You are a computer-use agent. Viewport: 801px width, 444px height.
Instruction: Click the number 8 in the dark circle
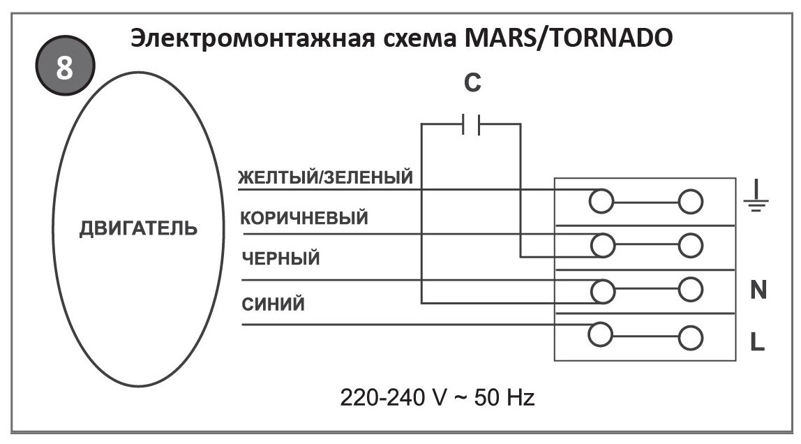(64, 70)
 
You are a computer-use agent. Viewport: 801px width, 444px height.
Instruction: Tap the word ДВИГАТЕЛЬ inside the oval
(137, 229)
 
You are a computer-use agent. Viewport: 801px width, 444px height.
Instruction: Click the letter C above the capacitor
(472, 84)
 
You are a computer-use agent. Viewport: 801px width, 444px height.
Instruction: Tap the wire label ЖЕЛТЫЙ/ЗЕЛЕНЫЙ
(326, 177)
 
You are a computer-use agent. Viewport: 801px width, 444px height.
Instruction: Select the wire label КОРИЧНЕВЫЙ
(304, 219)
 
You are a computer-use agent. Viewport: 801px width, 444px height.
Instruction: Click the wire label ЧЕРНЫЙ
(280, 259)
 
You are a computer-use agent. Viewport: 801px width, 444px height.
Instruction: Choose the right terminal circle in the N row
(690, 288)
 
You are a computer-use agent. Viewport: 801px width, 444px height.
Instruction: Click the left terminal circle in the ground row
(601, 202)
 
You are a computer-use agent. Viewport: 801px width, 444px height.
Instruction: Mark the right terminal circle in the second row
(690, 245)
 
